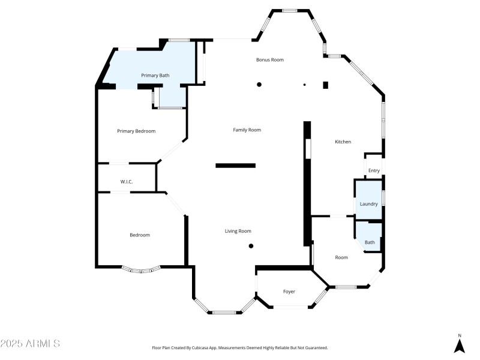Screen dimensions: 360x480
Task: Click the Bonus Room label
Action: (x=269, y=60)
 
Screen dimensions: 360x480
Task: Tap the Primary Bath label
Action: (x=155, y=76)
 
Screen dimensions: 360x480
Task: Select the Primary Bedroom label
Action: (x=136, y=131)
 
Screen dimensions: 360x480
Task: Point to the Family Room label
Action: (x=247, y=130)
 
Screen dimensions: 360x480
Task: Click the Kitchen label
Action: (x=343, y=142)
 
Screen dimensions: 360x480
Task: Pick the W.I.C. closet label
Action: (x=126, y=181)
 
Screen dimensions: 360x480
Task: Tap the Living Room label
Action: (x=238, y=231)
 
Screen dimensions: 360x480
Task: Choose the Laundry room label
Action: (x=368, y=204)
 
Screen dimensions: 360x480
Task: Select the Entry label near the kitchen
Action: (x=374, y=171)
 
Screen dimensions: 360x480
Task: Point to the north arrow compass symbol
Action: (x=460, y=345)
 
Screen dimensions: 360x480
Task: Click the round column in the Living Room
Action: (x=251, y=245)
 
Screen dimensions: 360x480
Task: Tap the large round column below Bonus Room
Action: (x=259, y=85)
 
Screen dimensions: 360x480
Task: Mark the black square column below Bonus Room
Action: (x=325, y=85)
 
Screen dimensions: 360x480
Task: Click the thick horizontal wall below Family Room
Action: (x=235, y=166)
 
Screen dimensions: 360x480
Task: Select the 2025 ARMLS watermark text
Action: (x=30, y=344)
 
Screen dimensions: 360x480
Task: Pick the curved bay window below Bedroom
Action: (x=141, y=270)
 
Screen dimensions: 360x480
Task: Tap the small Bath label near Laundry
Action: (x=370, y=242)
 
